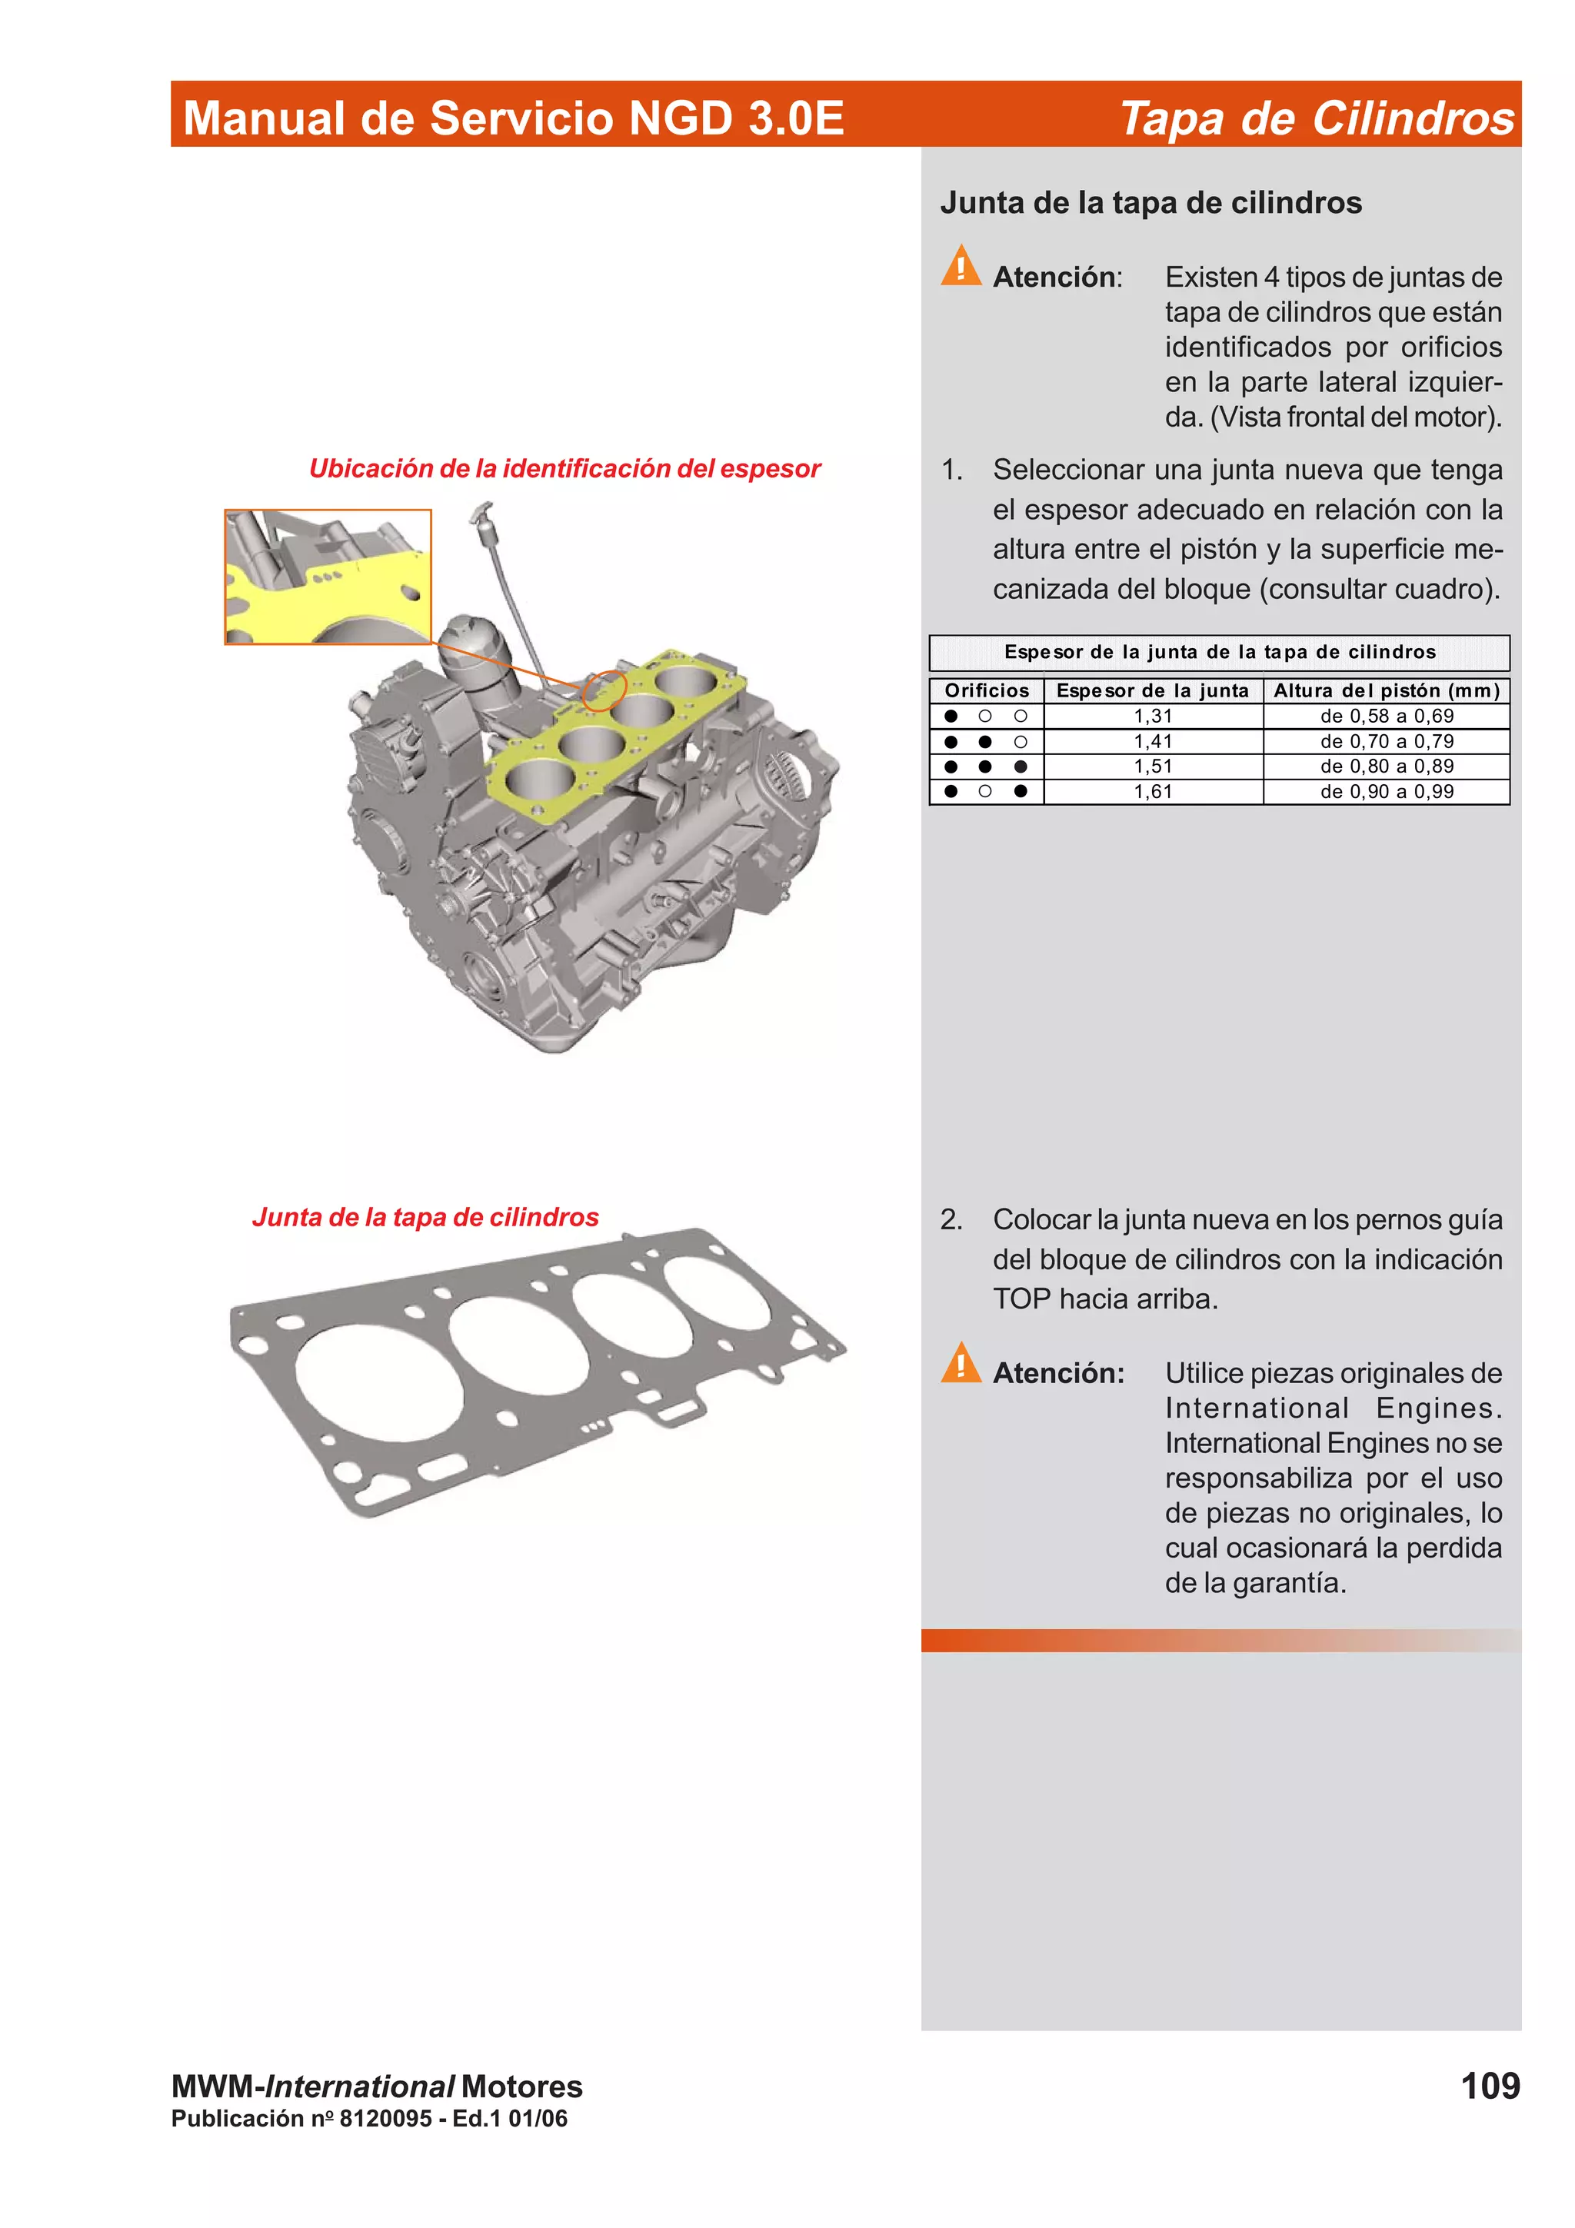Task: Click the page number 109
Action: point(1490,2085)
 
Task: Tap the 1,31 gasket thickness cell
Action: point(1153,717)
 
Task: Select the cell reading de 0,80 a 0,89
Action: point(1386,766)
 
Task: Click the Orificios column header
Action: point(986,691)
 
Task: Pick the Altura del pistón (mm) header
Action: point(1386,691)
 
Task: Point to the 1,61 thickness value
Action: point(1153,792)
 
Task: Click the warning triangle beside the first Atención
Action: point(961,266)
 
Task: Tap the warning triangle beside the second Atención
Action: point(961,1363)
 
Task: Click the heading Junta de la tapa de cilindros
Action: point(1150,203)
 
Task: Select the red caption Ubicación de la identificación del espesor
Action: point(564,469)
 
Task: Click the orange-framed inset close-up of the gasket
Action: point(328,577)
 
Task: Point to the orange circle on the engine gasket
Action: point(604,690)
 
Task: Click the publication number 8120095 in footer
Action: point(385,2118)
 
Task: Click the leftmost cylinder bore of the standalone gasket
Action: point(378,1385)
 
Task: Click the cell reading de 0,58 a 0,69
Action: point(1386,717)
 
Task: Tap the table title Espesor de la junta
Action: point(1219,652)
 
